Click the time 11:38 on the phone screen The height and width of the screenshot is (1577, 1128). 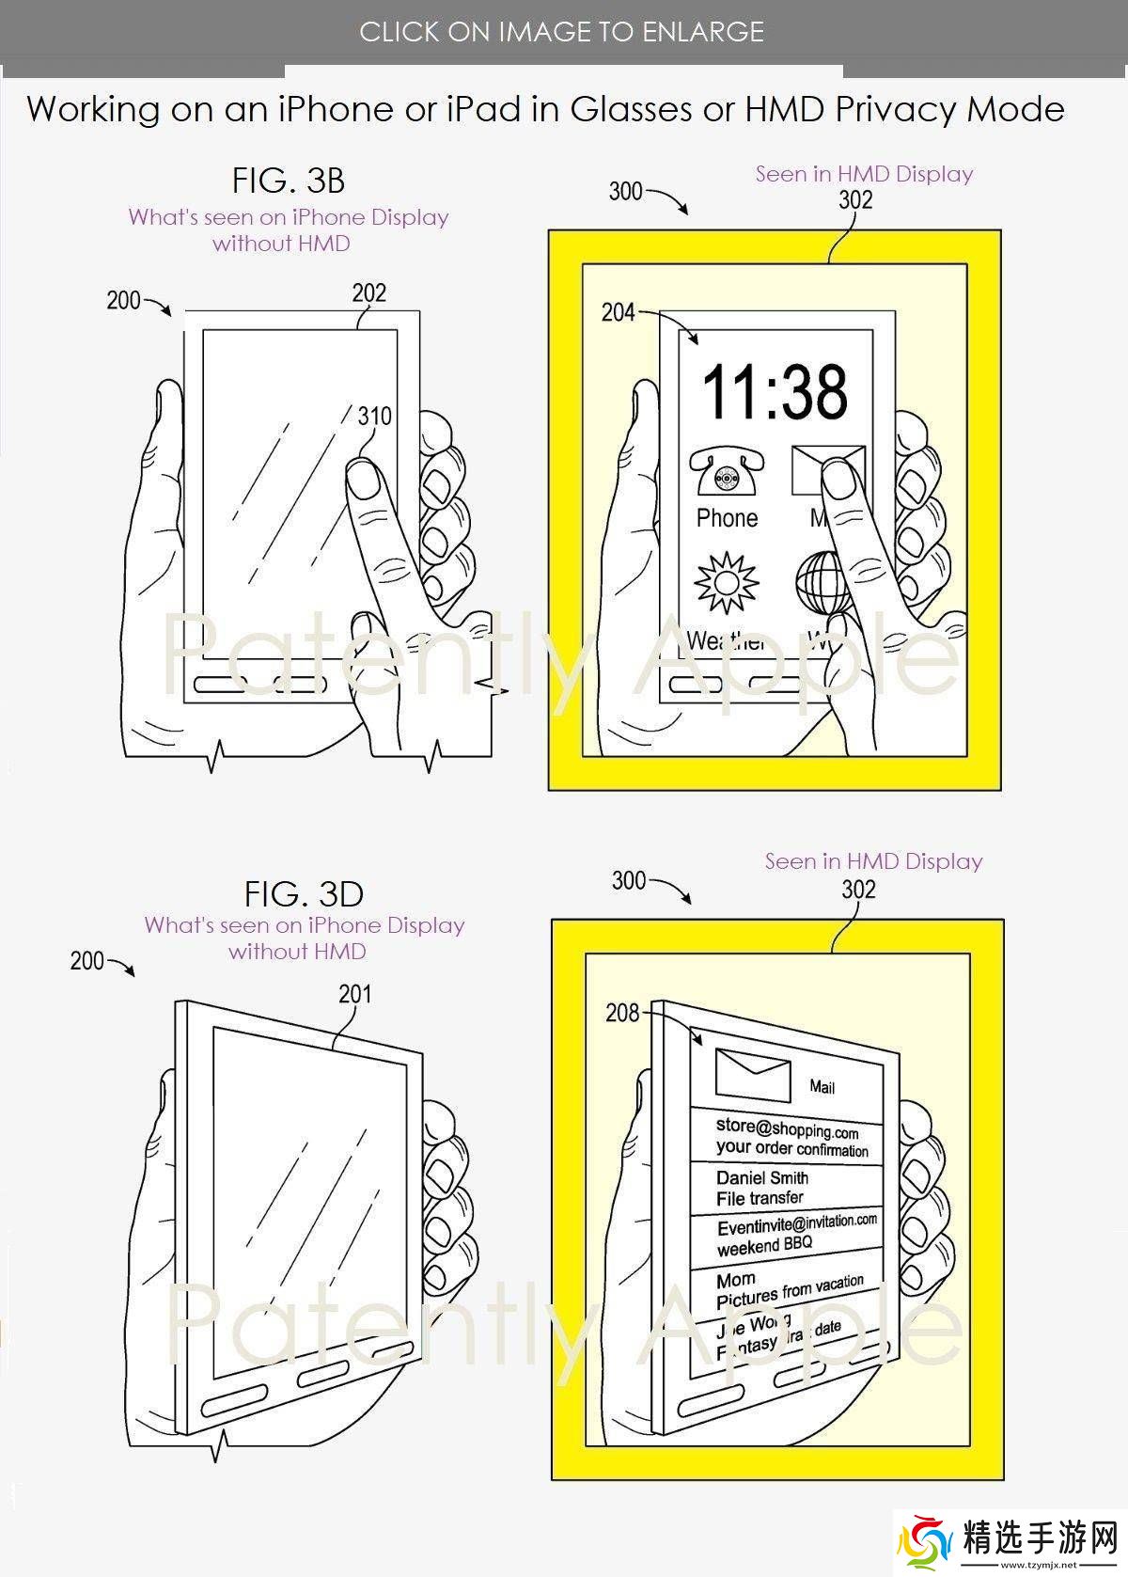[775, 391]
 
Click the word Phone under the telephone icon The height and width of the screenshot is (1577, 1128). [727, 518]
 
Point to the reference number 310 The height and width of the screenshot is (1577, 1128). [374, 416]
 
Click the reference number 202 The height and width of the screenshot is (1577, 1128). [369, 292]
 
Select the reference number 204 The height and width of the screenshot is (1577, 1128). [618, 312]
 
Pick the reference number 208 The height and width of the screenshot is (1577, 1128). [622, 1013]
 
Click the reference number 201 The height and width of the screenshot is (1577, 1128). [355, 994]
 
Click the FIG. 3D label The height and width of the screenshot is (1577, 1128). [304, 893]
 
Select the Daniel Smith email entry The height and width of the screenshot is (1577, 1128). [762, 1178]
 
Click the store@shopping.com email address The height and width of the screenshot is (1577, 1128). [787, 1128]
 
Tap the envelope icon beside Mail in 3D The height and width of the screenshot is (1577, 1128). [753, 1075]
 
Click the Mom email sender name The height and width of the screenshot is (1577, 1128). [736, 1280]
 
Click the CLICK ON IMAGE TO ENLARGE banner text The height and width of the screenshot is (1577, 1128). [562, 32]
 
